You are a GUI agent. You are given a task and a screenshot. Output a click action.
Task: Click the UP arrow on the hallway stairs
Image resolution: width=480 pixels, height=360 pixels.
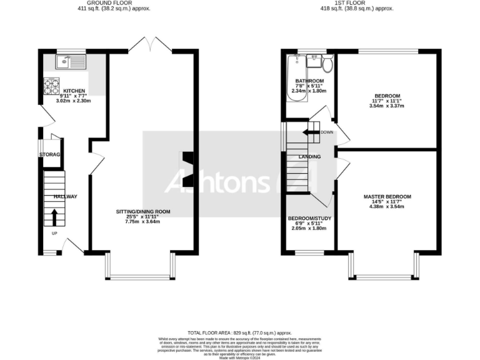point(54,217)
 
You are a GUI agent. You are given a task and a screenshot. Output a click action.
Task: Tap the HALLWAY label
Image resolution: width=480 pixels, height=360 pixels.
point(65,196)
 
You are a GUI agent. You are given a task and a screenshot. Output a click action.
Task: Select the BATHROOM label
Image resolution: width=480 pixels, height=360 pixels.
point(309,81)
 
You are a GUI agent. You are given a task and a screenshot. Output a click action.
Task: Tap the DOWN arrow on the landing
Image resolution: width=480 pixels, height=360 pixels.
point(311,132)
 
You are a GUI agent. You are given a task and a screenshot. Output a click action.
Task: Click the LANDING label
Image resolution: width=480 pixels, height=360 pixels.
point(310,157)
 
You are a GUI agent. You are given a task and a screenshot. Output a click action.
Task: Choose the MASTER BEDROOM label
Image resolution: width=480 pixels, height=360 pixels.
point(387,197)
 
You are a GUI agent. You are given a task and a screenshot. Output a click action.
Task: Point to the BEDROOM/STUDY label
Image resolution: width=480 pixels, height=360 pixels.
point(309,219)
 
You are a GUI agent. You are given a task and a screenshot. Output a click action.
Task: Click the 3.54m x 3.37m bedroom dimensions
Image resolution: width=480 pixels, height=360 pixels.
point(387,106)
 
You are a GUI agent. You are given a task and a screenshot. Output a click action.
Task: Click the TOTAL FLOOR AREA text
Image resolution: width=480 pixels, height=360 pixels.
point(240,333)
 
